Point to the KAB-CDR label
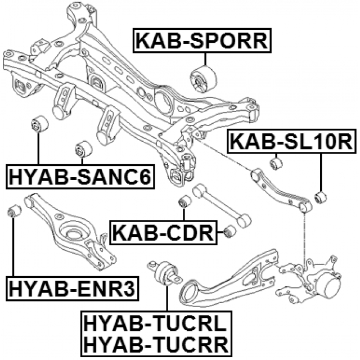(x=163, y=232)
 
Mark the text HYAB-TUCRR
(x=154, y=341)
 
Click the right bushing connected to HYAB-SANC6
(x=83, y=150)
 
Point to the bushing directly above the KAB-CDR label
(x=183, y=201)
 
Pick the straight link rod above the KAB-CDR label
(x=219, y=206)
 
